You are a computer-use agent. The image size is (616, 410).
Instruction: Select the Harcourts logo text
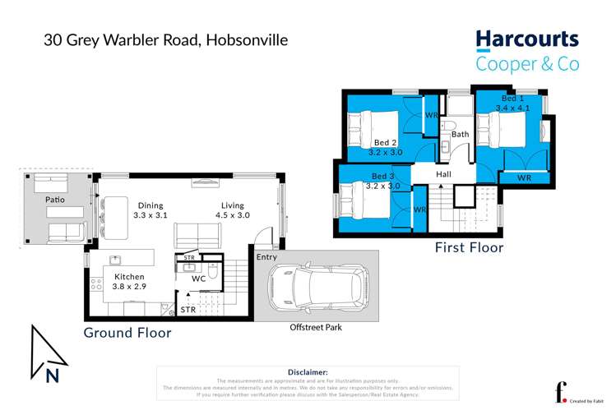[x=527, y=40]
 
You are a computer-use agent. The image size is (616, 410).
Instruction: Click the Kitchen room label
[x=129, y=278]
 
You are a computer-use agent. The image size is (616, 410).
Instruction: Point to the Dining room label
[x=149, y=205]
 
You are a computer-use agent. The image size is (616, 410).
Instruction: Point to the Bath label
[x=459, y=134]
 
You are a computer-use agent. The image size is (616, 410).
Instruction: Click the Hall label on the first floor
[x=443, y=175]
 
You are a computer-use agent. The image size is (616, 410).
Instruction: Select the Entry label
[x=266, y=257]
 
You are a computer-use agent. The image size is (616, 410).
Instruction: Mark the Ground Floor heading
[x=127, y=333]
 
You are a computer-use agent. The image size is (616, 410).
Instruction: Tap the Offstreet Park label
[x=316, y=328]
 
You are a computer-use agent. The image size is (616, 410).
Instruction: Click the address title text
[x=166, y=39]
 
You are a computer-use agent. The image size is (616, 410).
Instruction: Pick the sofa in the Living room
[x=197, y=236]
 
